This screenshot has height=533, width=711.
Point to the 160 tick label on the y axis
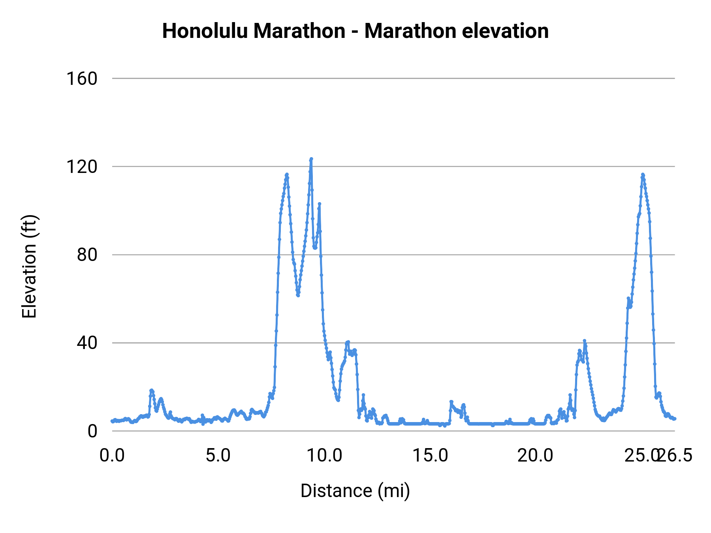(82, 79)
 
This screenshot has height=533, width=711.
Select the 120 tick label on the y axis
(82, 167)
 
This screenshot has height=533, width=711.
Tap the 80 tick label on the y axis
(87, 255)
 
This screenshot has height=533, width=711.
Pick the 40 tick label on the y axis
(87, 343)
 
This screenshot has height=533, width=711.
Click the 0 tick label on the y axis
(92, 431)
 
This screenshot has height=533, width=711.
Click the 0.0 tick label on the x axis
(112, 456)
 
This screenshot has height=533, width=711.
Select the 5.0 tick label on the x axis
(218, 456)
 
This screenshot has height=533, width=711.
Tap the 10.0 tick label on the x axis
(324, 456)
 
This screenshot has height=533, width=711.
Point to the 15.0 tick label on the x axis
(430, 456)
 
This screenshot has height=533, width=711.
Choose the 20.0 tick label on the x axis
(536, 456)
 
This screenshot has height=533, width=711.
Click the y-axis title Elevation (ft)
(29, 266)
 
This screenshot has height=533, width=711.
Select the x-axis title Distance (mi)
(355, 491)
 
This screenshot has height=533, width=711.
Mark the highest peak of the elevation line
(311, 159)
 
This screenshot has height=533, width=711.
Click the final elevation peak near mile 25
(643, 175)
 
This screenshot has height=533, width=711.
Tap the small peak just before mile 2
(151, 390)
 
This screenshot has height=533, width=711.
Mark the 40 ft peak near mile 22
(584, 341)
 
